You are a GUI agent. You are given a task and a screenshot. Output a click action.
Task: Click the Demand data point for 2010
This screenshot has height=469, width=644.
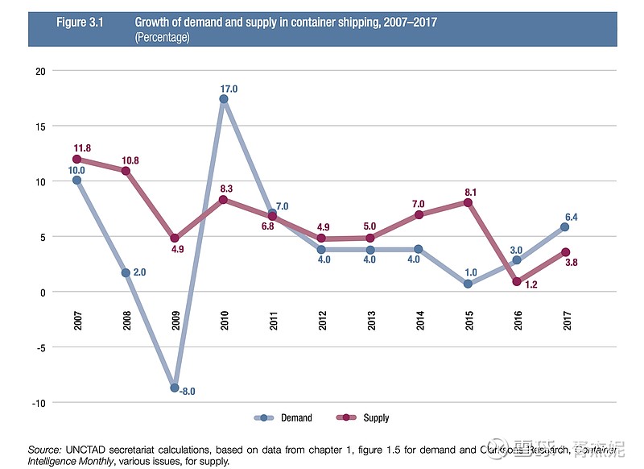(x=224, y=99)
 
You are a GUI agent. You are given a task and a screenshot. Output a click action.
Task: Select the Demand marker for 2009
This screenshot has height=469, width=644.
(x=175, y=388)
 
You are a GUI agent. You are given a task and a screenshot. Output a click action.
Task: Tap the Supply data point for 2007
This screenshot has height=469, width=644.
(x=76, y=160)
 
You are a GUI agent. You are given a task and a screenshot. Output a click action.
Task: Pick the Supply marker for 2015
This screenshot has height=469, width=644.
(x=468, y=201)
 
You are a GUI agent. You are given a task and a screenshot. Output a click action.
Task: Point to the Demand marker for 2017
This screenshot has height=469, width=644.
(x=565, y=227)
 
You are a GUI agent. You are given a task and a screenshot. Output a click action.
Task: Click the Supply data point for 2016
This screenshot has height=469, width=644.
(x=517, y=281)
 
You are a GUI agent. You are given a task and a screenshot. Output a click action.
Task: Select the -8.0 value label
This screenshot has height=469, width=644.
(x=188, y=392)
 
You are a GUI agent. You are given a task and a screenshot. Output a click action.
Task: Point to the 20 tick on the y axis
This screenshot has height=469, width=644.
(x=38, y=71)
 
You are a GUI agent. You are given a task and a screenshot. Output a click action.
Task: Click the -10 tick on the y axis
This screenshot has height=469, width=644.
(x=36, y=402)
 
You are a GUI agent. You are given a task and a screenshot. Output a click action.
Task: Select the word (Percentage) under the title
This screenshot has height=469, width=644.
(x=162, y=37)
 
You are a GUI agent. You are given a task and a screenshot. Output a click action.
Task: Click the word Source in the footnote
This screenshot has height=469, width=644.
(x=44, y=449)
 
